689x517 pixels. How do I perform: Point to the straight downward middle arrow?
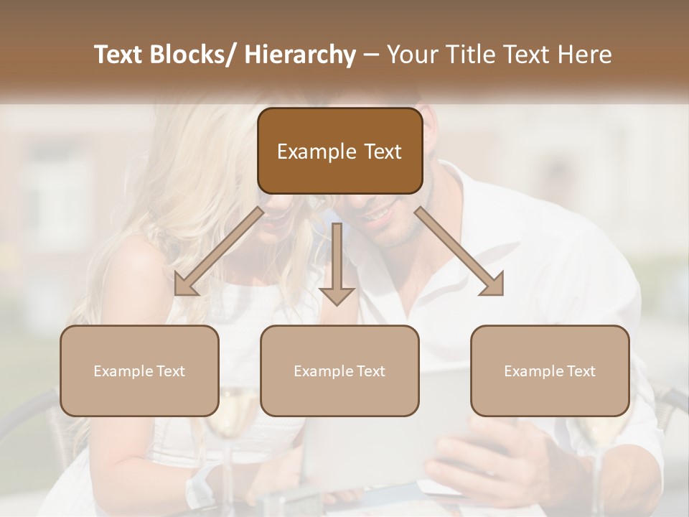pos(337,262)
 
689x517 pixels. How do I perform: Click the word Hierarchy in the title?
pos(299,55)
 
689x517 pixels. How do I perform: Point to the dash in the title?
pos(371,55)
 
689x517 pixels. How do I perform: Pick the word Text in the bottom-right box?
pos(580,371)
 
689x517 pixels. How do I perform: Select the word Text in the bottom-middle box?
pos(370,371)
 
